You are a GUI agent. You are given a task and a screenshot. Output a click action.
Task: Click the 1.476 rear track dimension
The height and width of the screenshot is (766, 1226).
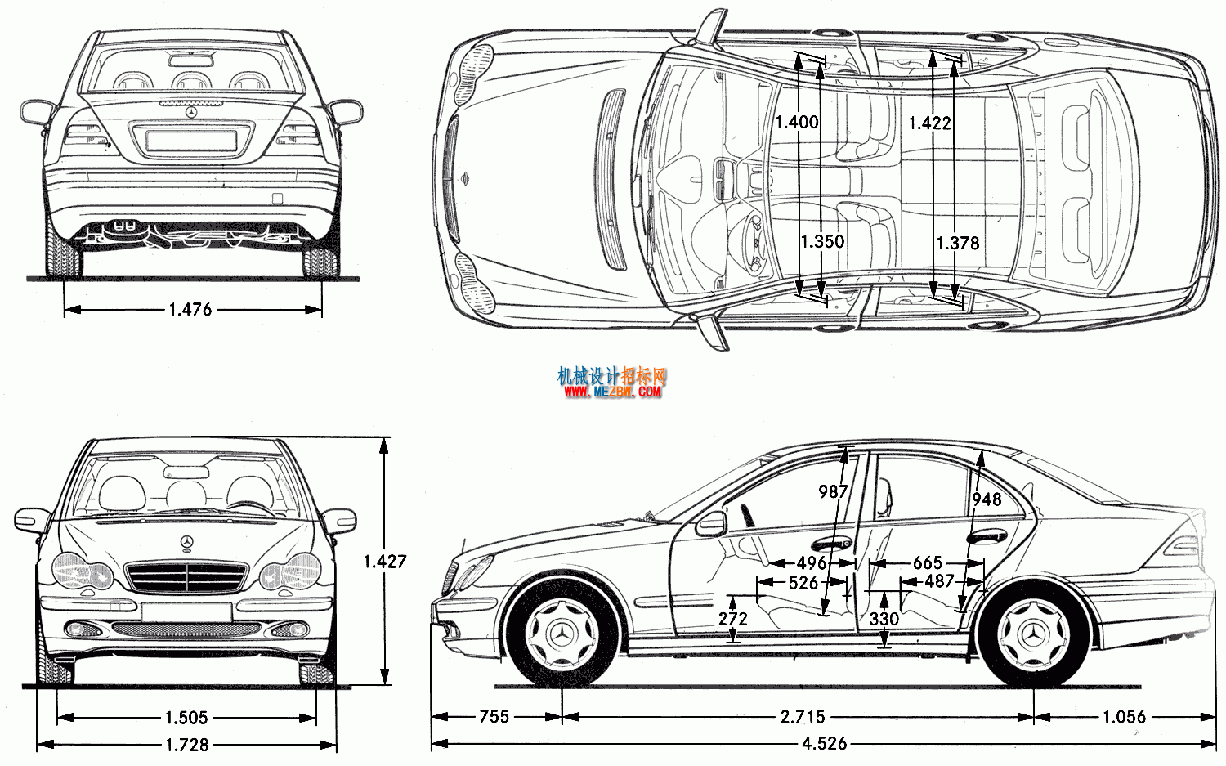tap(190, 310)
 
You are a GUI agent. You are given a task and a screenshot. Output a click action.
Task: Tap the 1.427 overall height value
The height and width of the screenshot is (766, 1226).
tap(385, 562)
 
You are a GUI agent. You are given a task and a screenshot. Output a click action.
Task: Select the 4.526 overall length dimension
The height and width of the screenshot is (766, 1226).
tap(824, 744)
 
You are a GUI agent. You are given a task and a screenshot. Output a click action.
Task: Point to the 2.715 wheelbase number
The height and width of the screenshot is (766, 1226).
tap(803, 717)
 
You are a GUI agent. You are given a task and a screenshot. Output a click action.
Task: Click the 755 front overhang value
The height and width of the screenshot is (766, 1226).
tap(494, 717)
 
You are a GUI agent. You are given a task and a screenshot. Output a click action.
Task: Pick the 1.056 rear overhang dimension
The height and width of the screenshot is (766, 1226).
tap(1124, 717)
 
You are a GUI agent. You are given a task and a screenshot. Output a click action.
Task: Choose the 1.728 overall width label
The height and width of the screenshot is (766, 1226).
tap(187, 745)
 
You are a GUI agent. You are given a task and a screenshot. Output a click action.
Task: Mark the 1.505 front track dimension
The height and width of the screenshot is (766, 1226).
tap(186, 717)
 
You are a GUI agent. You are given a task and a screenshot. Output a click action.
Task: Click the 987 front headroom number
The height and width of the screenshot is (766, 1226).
tap(833, 491)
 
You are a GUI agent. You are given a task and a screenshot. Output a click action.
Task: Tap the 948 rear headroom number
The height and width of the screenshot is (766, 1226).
tap(987, 499)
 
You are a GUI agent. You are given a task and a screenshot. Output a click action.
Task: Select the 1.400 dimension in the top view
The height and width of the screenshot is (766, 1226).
tap(797, 122)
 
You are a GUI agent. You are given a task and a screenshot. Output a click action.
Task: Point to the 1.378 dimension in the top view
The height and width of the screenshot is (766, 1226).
tap(957, 243)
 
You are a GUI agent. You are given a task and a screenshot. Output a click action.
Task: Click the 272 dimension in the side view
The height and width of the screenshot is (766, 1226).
tap(732, 619)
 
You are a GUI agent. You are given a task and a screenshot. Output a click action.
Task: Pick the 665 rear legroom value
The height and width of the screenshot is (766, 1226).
tap(927, 563)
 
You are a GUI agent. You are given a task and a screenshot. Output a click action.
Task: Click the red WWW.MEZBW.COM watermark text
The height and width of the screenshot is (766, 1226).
tap(612, 392)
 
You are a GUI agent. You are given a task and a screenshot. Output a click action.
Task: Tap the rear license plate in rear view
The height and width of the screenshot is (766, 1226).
tap(191, 140)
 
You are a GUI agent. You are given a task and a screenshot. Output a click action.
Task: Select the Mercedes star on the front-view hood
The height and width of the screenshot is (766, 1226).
tap(187, 542)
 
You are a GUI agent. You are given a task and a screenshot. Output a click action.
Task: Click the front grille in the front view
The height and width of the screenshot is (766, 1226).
tap(187, 577)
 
